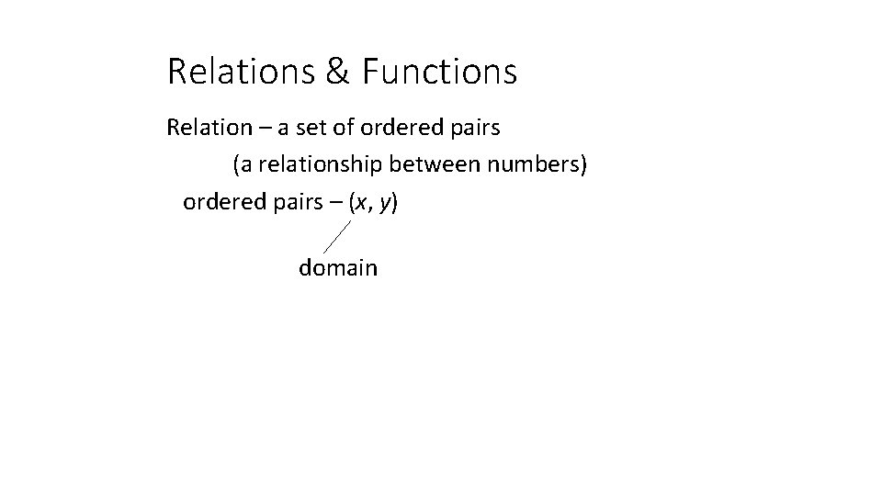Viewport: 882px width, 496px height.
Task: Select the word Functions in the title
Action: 440,72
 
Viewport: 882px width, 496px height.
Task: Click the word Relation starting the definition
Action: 205,128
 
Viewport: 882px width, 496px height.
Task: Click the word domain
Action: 338,268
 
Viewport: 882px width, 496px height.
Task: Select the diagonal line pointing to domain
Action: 337,235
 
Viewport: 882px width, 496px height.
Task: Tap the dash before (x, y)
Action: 334,203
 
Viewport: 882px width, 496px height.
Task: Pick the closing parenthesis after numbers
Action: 583,165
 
